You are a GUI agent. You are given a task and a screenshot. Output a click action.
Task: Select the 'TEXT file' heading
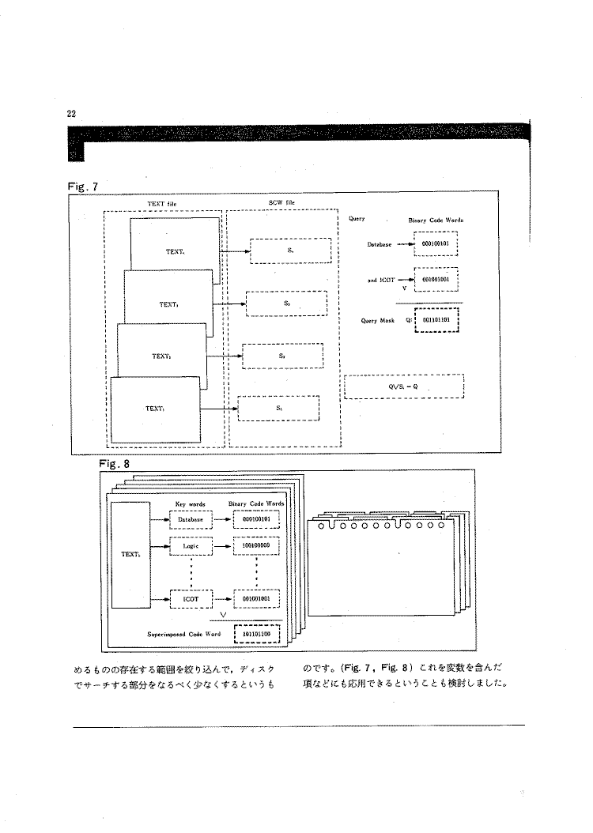click(x=161, y=204)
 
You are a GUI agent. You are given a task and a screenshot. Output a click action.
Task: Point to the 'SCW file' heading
click(x=281, y=204)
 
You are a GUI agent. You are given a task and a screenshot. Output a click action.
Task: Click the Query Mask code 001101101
click(x=436, y=321)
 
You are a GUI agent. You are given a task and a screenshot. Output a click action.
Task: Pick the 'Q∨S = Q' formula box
click(x=403, y=386)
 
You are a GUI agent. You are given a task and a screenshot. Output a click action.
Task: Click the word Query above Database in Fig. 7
click(x=355, y=219)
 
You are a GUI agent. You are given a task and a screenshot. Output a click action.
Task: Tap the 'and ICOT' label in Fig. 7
click(x=380, y=279)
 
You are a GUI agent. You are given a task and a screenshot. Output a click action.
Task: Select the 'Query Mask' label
click(x=376, y=321)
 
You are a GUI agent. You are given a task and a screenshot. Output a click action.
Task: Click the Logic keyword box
click(x=190, y=545)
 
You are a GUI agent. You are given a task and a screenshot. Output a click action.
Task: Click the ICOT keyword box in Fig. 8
click(x=190, y=599)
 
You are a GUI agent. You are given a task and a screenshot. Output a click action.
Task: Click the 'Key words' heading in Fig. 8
click(x=189, y=503)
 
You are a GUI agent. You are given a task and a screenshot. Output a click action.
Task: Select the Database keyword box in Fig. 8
click(x=191, y=519)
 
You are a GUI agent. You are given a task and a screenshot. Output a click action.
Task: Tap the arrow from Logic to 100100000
click(x=225, y=545)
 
